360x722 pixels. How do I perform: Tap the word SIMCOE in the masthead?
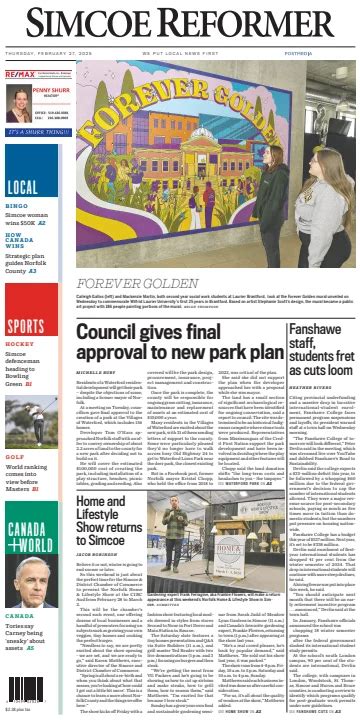point(85,25)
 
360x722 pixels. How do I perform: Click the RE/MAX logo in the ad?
point(19,75)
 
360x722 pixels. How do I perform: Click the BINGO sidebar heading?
point(17,206)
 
